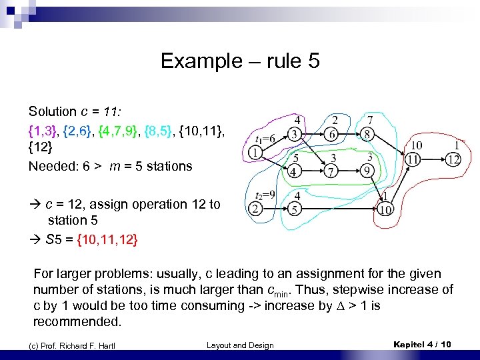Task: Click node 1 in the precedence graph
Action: (255, 154)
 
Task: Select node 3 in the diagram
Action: (294, 135)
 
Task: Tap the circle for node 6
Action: (332, 135)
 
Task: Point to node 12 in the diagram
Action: (453, 159)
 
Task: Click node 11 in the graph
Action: (413, 159)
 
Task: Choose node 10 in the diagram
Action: (385, 210)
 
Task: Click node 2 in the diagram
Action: (255, 210)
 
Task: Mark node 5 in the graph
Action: (294, 210)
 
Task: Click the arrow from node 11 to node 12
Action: (433, 159)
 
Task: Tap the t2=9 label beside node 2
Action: (266, 195)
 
